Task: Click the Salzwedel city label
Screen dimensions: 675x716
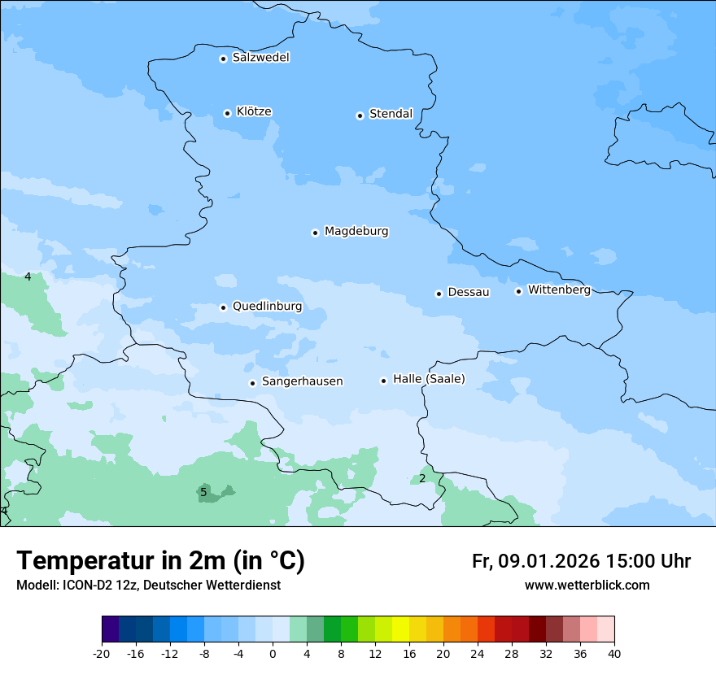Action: tap(260, 58)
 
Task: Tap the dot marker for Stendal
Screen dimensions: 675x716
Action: tap(360, 115)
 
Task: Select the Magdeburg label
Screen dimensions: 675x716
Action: tap(356, 232)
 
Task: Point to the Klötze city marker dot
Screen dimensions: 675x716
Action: tap(227, 113)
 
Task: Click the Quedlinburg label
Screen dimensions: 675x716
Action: tap(267, 307)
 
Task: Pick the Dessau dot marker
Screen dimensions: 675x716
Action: tap(439, 294)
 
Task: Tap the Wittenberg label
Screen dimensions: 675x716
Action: tap(559, 290)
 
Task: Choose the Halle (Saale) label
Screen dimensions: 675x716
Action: tap(429, 379)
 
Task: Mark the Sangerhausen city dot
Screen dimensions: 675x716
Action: tap(252, 383)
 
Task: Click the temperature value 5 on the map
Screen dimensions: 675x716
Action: tap(203, 492)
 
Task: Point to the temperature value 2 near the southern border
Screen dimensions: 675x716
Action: tap(422, 478)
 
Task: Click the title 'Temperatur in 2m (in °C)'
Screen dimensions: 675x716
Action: tap(160, 561)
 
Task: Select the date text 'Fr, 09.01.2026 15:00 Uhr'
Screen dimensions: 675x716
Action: tap(581, 562)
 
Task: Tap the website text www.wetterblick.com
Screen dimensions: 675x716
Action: tap(587, 586)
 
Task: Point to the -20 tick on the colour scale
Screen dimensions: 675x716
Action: tap(102, 654)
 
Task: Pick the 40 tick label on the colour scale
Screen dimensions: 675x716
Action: tap(614, 654)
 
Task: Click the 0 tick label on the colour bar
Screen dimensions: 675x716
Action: tap(273, 654)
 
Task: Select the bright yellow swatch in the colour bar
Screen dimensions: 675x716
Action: tap(400, 629)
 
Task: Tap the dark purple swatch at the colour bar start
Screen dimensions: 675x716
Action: tap(110, 629)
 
